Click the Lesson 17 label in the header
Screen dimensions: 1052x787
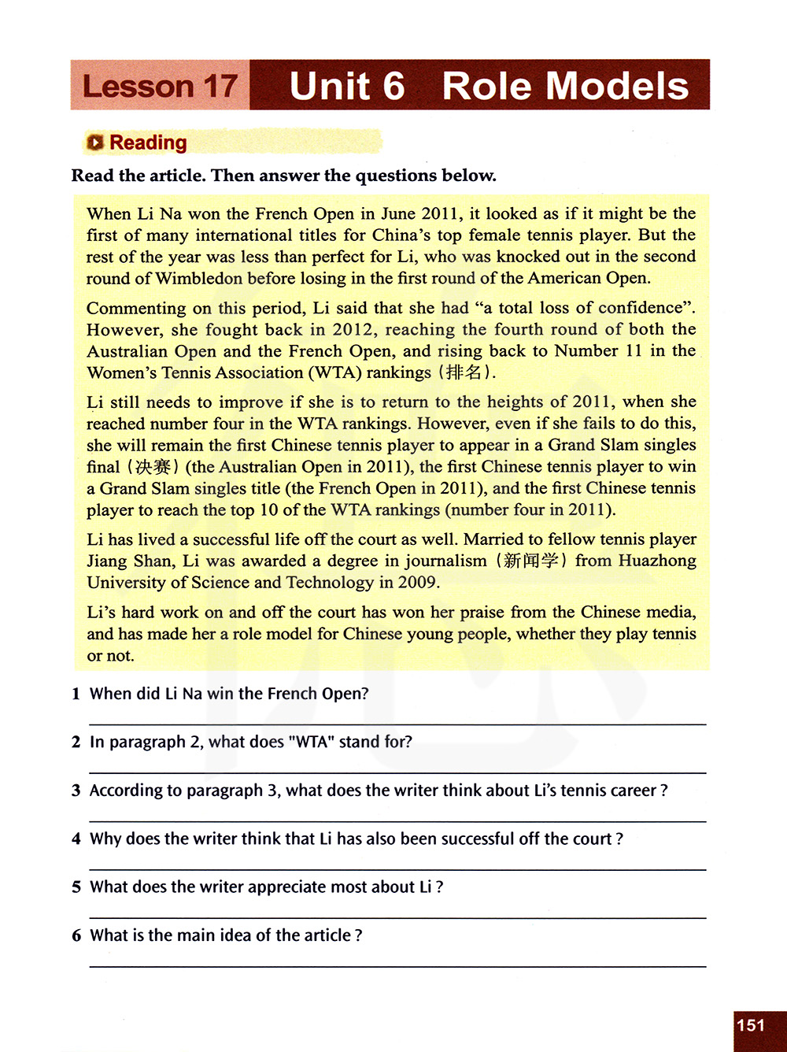pyautogui.click(x=160, y=86)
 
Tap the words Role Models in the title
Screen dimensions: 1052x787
pyautogui.click(x=565, y=86)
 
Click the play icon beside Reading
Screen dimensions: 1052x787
pyautogui.click(x=95, y=143)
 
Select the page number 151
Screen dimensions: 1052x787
pyautogui.click(x=751, y=1025)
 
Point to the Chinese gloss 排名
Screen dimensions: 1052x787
pyautogui.click(x=464, y=372)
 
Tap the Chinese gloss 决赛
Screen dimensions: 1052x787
pyautogui.click(x=153, y=467)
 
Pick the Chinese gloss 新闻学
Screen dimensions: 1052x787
pyautogui.click(x=531, y=561)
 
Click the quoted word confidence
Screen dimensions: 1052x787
pyautogui.click(x=639, y=308)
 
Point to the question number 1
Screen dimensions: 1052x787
pyautogui.click(x=76, y=694)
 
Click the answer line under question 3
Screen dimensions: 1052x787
pyautogui.click(x=397, y=821)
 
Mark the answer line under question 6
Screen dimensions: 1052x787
pyautogui.click(x=397, y=966)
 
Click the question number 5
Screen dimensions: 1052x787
pyautogui.click(x=76, y=887)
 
